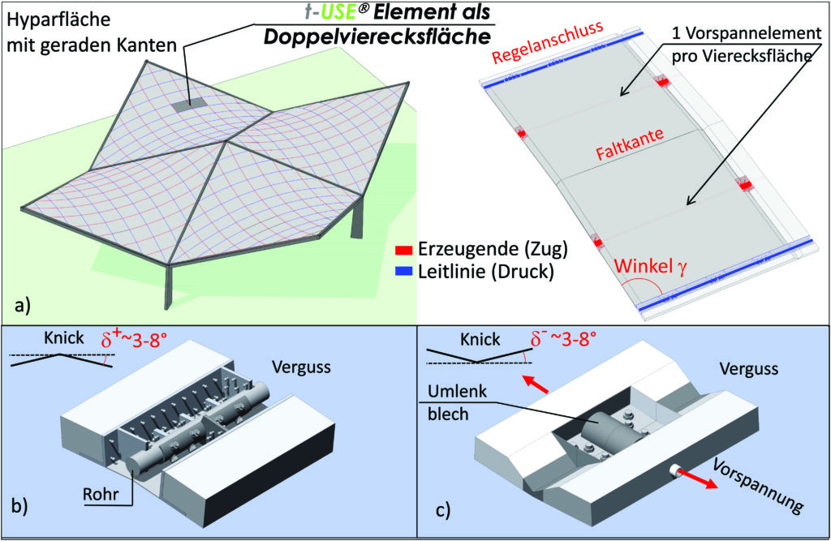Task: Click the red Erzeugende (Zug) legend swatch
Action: click(403, 250)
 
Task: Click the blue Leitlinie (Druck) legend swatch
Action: click(403, 271)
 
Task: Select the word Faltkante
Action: click(630, 144)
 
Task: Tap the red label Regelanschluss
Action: click(548, 42)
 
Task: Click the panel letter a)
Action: click(22, 305)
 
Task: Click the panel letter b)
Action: click(19, 505)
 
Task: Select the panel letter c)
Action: click(443, 509)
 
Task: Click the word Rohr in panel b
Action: click(101, 495)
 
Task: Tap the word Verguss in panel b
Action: click(302, 367)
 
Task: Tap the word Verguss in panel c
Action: click(749, 368)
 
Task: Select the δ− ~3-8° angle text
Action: click(564, 338)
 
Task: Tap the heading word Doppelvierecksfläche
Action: click(377, 36)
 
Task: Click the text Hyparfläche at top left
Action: click(58, 20)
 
